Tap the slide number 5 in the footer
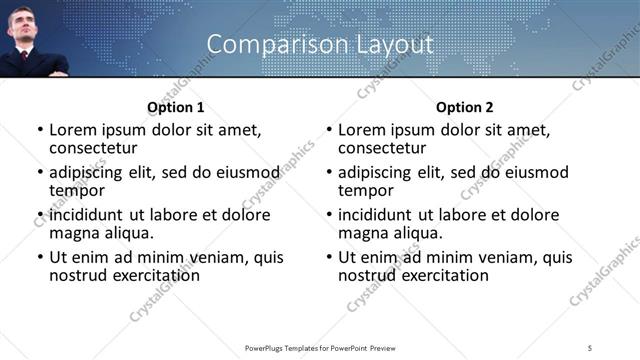[x=591, y=347]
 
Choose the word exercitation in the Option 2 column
[x=444, y=275]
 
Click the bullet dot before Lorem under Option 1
[x=40, y=130]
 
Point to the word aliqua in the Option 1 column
[x=129, y=233]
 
